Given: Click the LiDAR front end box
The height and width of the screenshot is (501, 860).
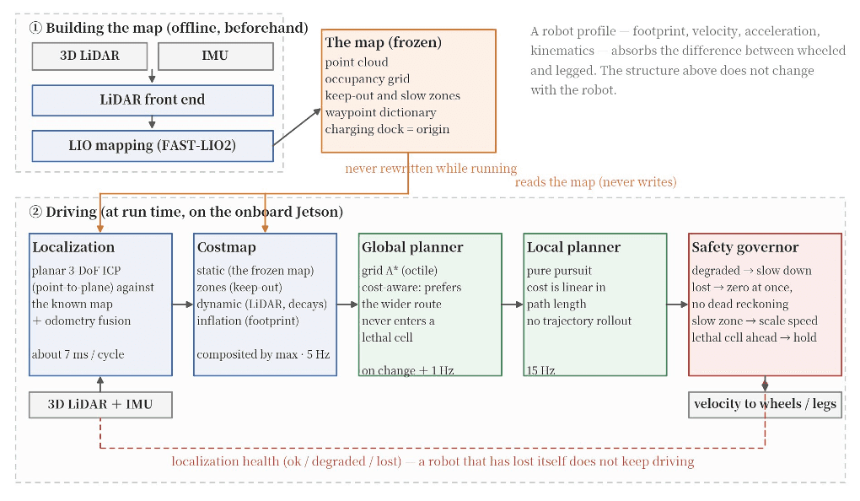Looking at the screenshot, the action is [x=153, y=100].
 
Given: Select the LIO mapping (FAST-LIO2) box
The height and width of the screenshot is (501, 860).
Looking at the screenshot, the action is [x=153, y=146].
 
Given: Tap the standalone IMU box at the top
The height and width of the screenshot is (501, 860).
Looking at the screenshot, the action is [x=216, y=56].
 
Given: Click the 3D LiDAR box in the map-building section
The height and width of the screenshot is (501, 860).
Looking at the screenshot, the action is [x=89, y=56].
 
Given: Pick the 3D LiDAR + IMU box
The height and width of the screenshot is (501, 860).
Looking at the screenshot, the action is [x=100, y=405].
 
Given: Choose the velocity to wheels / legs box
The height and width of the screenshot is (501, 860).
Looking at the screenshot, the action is [x=765, y=405].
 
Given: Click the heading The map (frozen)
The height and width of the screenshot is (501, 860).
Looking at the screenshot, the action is [x=384, y=43].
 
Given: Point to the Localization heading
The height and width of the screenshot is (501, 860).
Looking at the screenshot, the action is [x=73, y=247].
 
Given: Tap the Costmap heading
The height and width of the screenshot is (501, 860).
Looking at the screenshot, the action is [x=227, y=247].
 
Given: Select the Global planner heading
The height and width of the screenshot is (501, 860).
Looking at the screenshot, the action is [x=412, y=247].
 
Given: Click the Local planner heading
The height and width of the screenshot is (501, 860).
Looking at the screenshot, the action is [x=573, y=247].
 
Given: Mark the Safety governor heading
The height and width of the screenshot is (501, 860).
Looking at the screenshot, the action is [x=744, y=247].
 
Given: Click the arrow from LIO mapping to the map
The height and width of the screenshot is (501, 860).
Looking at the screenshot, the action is [x=298, y=127].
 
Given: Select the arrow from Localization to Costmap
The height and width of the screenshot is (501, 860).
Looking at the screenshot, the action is [x=183, y=304].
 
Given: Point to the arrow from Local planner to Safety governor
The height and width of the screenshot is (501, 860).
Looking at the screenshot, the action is [x=677, y=304].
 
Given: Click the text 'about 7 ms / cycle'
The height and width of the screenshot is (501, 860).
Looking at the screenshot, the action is [x=78, y=354].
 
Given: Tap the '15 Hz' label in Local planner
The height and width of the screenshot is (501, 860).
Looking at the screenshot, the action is [x=540, y=370].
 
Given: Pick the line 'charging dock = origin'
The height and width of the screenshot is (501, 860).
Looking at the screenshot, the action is [x=387, y=130].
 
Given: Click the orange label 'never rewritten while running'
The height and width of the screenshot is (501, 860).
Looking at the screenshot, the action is [x=431, y=169].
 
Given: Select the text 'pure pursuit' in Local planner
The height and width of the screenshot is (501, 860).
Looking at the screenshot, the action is [x=560, y=271].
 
